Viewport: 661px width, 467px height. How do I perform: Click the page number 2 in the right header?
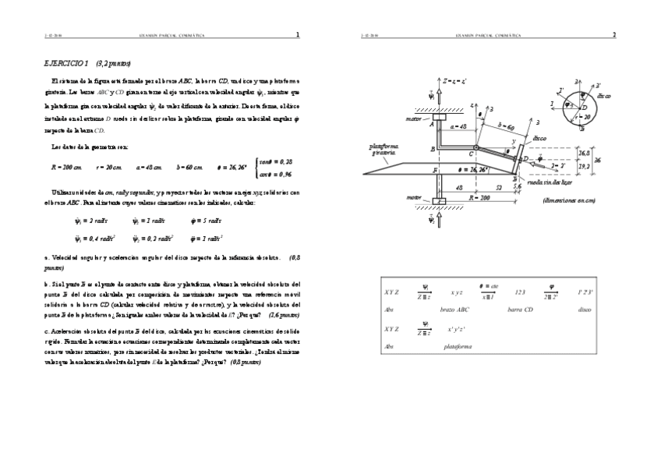(613, 34)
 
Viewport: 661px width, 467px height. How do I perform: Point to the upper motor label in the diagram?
(413, 119)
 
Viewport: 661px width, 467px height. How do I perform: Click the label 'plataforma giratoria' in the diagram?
(384, 149)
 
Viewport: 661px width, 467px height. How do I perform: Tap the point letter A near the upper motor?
(431, 123)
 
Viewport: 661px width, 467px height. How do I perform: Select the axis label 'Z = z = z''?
(454, 81)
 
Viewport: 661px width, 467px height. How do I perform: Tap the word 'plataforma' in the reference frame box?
(458, 345)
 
